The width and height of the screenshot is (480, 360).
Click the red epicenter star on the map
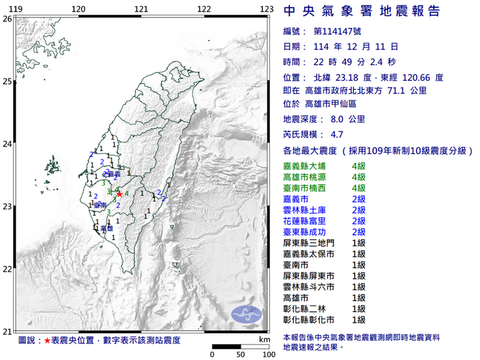point(119,194)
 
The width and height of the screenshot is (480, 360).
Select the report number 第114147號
point(337,31)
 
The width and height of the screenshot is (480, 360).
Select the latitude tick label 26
point(7,19)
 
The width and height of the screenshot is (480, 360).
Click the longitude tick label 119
point(16,8)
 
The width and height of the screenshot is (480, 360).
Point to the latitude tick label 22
point(7,269)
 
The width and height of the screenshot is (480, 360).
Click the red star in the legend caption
point(46,340)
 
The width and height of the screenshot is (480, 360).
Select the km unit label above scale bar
point(264,340)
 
